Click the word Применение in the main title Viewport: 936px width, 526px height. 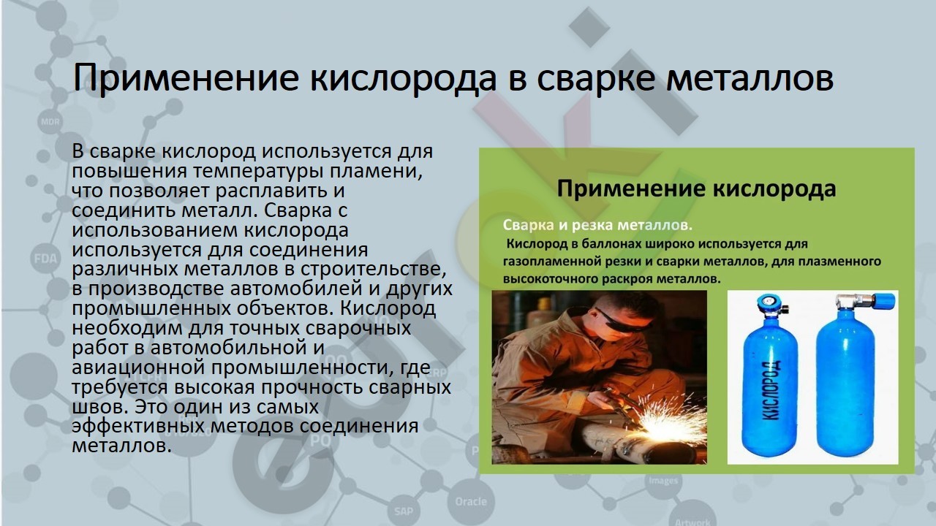click(186, 78)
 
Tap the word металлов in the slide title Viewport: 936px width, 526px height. click(750, 78)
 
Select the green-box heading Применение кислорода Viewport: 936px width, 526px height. click(696, 188)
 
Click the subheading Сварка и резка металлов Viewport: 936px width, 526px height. click(597, 226)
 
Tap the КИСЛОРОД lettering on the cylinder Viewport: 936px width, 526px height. click(771, 389)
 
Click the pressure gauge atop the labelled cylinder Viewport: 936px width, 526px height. click(766, 301)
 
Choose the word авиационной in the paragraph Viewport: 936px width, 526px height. click(138, 367)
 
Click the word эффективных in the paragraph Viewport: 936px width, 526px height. click(138, 427)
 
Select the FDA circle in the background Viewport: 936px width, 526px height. click(45, 259)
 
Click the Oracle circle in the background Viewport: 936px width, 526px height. click(471, 501)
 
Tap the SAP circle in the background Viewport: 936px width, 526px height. click(403, 511)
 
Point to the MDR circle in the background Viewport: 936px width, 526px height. click(50, 122)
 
